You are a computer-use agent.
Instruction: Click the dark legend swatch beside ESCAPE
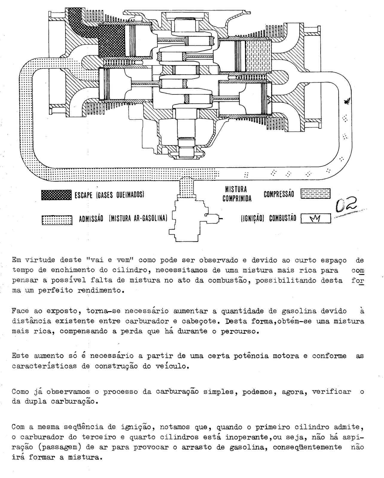coord(56,195)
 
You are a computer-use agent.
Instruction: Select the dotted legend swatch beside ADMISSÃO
coord(57,220)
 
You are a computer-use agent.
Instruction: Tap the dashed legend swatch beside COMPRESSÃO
coord(316,194)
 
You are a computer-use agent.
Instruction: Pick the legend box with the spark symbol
coord(316,219)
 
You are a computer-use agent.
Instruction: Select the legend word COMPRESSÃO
coord(279,194)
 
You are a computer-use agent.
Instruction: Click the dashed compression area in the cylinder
coord(258,56)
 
